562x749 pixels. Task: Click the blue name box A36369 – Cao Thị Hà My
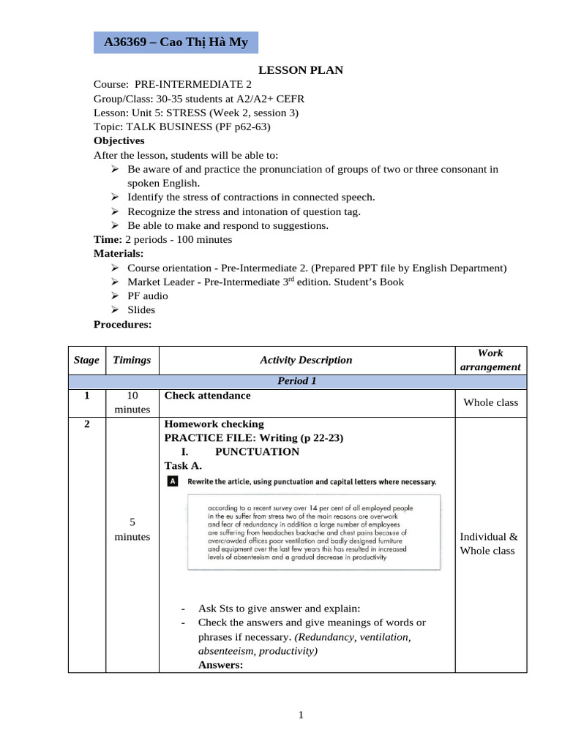[x=176, y=42]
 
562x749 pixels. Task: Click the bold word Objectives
[x=119, y=140]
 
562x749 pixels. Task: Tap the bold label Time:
[x=108, y=239]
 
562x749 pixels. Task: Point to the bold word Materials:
[x=119, y=254]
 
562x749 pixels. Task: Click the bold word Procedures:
[x=123, y=324]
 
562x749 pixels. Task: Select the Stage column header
[x=86, y=360]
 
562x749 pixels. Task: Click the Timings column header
[x=132, y=360]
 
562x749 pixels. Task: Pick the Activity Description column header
[x=306, y=360]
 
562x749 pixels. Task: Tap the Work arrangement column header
[x=490, y=360]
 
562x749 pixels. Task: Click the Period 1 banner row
[x=296, y=382]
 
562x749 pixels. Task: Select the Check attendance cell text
[x=207, y=396]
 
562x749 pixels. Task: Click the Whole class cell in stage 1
[x=490, y=402]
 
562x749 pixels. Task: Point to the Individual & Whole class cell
[x=488, y=544]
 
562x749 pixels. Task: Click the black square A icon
[x=172, y=481]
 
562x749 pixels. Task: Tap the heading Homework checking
[x=214, y=424]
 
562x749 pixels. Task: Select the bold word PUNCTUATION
[x=257, y=452]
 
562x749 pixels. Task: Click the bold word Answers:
[x=220, y=665]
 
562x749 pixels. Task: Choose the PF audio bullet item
[x=147, y=296]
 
